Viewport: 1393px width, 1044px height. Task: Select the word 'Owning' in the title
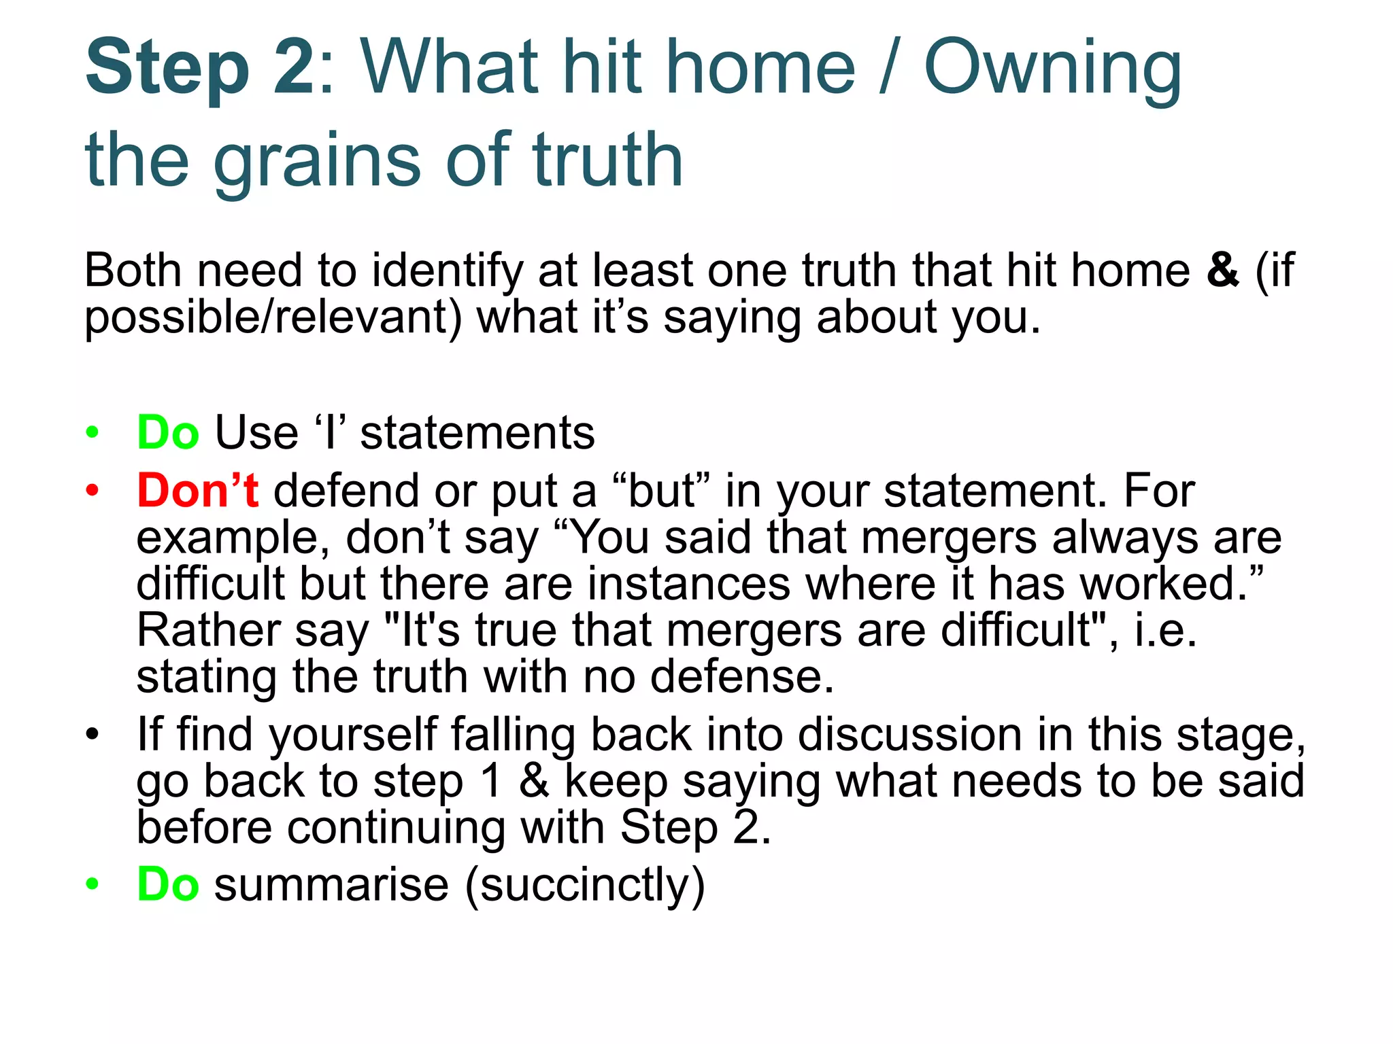coord(1052,68)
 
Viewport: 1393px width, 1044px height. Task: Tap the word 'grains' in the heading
coord(318,161)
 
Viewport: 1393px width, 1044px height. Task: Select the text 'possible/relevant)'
coord(273,317)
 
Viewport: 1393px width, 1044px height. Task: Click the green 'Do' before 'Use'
coord(168,432)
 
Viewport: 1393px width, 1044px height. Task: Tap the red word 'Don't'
coord(197,490)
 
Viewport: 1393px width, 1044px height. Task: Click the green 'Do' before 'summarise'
coord(168,884)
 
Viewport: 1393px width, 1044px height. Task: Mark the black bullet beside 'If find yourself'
coord(93,735)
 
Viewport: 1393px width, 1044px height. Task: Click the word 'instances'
coord(688,584)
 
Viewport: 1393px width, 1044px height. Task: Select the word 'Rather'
coord(209,630)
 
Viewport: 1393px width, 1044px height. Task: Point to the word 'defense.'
coord(741,677)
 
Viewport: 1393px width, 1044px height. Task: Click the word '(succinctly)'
coord(585,885)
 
